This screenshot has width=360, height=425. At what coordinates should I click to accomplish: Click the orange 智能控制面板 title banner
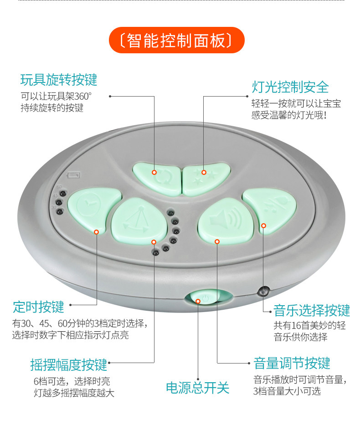coord(177,40)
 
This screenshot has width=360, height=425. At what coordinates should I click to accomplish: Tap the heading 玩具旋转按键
coord(59,80)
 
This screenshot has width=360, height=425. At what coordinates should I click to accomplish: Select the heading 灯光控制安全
coord(290,87)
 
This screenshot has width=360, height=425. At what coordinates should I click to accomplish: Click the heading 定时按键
coord(38,307)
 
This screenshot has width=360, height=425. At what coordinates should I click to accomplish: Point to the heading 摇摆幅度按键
coord(69,364)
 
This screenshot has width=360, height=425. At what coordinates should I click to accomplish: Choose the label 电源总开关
coord(198,388)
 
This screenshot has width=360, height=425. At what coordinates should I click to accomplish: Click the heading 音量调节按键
coord(292,363)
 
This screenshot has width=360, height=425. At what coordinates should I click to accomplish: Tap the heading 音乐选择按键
coord(312,310)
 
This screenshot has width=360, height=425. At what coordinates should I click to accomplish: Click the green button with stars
coord(206,179)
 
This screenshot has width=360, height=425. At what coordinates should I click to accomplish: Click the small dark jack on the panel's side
coord(263,292)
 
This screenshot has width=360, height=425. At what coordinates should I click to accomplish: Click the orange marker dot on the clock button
coord(96,232)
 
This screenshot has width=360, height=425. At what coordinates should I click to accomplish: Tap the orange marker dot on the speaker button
coord(217,241)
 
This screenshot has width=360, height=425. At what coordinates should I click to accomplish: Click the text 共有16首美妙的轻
coord(309,325)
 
